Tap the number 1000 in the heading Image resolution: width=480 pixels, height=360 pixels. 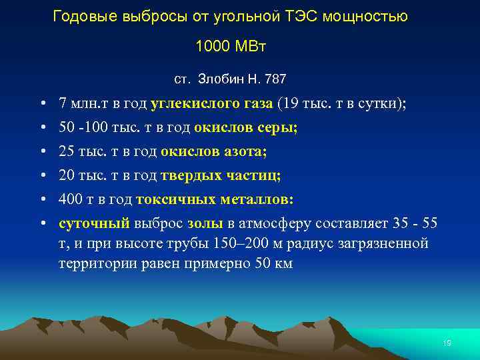[x=212, y=47]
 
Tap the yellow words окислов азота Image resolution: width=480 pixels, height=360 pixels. [x=213, y=151]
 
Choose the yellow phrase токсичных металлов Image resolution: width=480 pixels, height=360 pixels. [x=215, y=199]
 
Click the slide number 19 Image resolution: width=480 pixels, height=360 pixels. [x=447, y=343]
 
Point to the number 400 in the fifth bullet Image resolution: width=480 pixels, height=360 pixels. [x=70, y=199]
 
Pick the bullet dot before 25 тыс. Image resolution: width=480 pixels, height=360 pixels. [x=42, y=152]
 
